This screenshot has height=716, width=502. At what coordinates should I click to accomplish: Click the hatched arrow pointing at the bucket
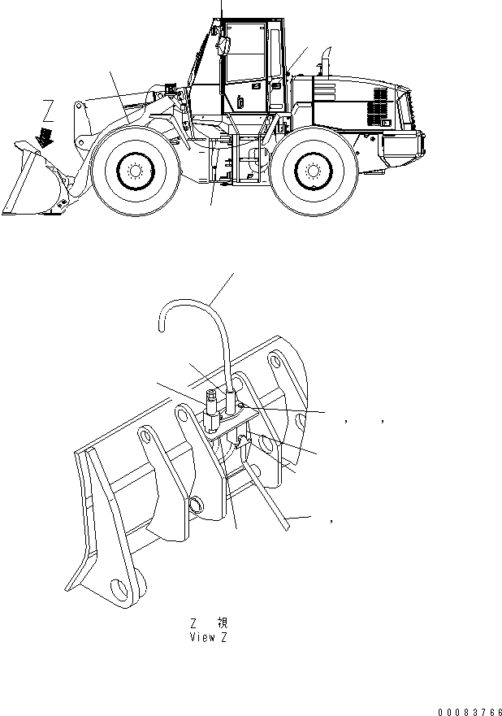tap(45, 135)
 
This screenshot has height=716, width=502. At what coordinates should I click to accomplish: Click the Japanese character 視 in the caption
tap(223, 623)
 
